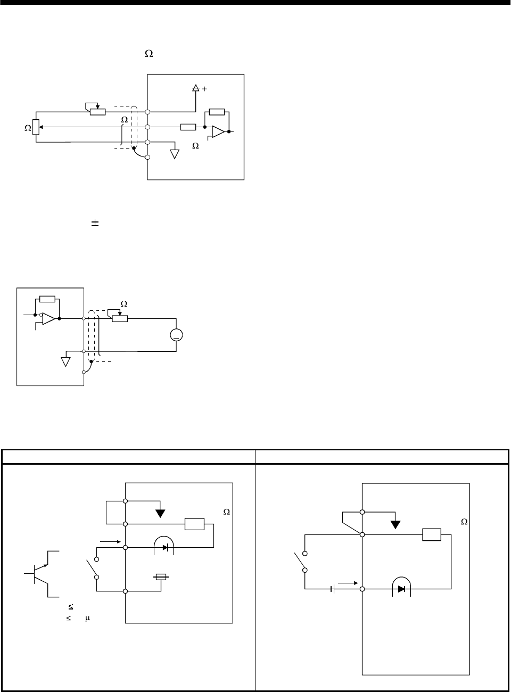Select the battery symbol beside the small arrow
333,589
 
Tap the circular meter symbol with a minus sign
176,335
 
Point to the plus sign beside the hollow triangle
204,89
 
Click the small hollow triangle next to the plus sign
195,88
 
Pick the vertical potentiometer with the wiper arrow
36,127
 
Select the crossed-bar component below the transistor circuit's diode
161,576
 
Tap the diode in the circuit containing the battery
401,589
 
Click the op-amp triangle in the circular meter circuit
48,319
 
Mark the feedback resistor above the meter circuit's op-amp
47,300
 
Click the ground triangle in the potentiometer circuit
174,154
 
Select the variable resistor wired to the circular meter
119,318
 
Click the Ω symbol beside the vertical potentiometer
28,128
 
